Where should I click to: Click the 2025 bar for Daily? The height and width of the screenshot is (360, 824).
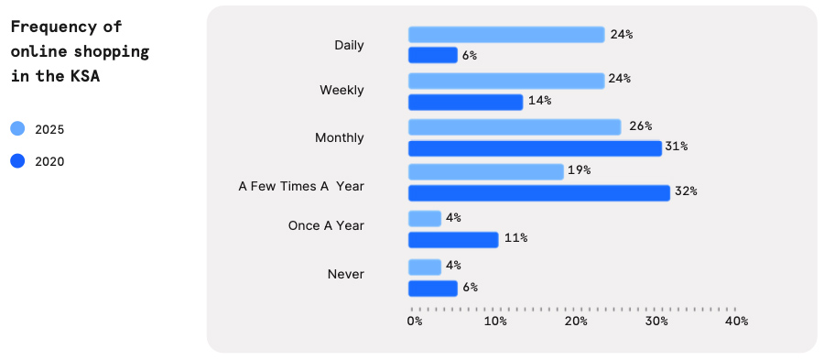pos(506,35)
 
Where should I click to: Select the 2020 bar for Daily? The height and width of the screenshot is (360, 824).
pos(432,55)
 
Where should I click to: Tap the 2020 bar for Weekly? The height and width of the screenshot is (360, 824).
pos(465,101)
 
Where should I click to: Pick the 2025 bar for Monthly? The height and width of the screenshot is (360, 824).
pos(515,126)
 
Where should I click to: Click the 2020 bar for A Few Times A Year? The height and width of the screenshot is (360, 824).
pos(538,192)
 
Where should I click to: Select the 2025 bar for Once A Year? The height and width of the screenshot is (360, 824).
pos(425,218)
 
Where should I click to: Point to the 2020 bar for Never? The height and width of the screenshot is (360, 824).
pos(432,288)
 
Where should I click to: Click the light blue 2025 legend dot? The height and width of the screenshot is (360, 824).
pos(17,129)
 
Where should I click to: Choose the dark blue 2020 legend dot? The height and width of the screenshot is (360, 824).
pos(17,161)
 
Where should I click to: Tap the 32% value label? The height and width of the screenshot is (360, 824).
pos(686,191)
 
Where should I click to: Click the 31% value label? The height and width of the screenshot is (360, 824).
pos(677,147)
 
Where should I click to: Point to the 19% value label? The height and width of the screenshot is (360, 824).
pos(579,170)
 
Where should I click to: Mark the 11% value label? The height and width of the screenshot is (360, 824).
pos(515,238)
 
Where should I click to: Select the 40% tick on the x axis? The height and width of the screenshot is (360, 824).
pos(736,322)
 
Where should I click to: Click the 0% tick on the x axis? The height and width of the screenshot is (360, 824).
pos(415,322)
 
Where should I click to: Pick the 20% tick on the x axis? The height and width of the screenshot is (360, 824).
pos(576,322)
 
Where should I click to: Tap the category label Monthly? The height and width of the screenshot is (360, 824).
pos(339,137)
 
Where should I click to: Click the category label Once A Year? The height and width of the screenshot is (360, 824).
pos(326,225)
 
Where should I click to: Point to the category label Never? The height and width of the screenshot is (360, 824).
pos(345,274)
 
